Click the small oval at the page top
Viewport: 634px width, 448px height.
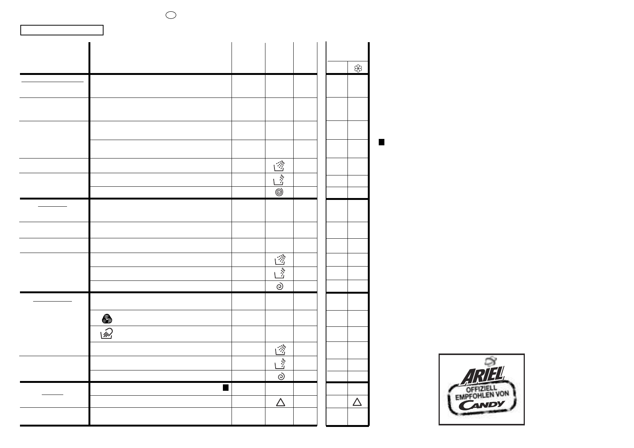(171, 15)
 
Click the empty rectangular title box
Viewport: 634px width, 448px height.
(62, 30)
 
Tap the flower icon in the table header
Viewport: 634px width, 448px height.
(358, 68)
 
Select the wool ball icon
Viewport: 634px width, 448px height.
(107, 318)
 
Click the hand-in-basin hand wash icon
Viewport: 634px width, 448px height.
(107, 334)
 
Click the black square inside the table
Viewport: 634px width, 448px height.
(226, 387)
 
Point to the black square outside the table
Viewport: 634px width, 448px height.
(381, 142)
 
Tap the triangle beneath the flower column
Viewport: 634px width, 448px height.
(357, 402)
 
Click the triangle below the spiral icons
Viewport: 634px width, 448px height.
(280, 402)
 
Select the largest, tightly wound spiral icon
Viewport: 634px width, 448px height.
(279, 192)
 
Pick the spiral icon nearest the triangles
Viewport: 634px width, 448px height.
(281, 376)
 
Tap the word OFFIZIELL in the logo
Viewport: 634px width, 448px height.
(482, 389)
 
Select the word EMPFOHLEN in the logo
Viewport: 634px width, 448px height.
(473, 395)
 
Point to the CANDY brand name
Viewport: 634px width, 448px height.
(482, 405)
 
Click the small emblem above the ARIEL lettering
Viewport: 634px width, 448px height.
(491, 361)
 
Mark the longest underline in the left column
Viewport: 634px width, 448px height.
(53, 82)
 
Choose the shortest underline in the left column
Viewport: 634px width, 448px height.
(52, 395)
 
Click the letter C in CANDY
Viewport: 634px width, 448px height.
(464, 406)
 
